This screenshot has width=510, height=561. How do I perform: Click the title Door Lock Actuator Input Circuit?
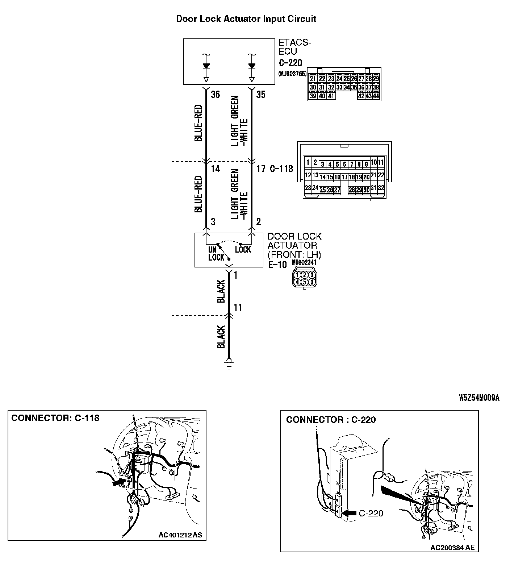pos(246,19)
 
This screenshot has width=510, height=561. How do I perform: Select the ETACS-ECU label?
pos(294,47)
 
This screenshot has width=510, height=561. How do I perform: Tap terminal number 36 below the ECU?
pos(215,95)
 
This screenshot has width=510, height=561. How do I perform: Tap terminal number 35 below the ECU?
pos(260,95)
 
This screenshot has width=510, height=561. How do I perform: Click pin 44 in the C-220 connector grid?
pos(376,96)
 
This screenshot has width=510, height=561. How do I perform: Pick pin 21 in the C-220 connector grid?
pos(313,79)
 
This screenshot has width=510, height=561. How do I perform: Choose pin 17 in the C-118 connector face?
pos(344,177)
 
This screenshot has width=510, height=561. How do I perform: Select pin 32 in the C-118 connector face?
pos(381,188)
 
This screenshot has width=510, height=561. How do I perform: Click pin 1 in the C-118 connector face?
pos(308,162)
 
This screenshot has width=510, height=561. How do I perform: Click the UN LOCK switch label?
pos(216,254)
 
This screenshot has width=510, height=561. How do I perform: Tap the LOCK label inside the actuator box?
pos(243,250)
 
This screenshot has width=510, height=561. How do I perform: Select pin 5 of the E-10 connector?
pos(305,282)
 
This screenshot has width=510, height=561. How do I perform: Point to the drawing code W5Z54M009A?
pos(479,398)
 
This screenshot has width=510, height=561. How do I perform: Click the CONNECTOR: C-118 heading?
pos(55,418)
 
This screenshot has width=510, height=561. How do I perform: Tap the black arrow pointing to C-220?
pos(349,513)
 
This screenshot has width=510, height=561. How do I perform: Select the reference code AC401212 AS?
pos(180,534)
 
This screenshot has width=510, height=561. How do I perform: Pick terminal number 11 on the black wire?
pos(238,308)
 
